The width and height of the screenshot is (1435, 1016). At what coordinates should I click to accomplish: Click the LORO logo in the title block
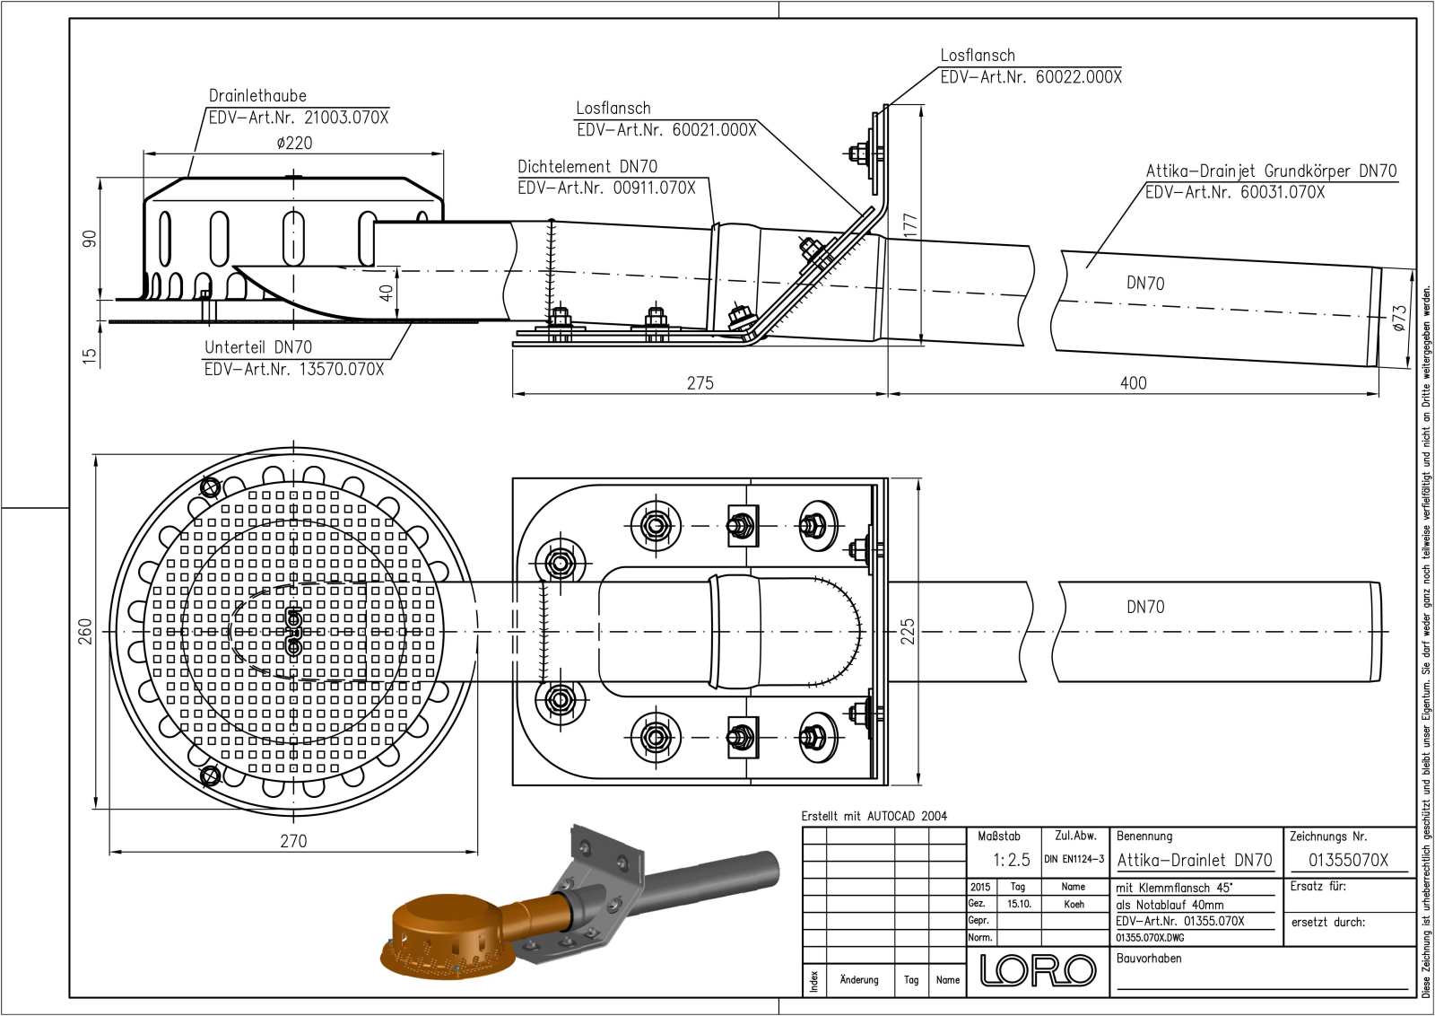1038,970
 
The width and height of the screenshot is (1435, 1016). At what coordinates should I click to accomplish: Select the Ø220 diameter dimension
294,143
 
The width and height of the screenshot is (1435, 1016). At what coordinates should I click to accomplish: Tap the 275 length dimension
700,383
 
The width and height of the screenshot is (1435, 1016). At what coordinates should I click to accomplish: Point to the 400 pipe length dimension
1133,383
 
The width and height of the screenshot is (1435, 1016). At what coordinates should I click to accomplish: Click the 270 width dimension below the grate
293,841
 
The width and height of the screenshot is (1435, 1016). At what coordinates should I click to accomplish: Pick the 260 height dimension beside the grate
85,631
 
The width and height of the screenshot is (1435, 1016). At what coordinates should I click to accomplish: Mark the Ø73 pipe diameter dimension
1399,318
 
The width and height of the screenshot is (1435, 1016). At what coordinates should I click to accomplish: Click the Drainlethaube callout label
257,96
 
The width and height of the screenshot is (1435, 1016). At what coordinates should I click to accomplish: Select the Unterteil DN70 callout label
258,347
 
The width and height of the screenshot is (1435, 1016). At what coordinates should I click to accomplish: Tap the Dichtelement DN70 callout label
587,167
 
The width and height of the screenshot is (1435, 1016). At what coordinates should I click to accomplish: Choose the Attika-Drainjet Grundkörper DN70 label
1271,171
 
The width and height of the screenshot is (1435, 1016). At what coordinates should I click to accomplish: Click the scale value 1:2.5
1011,860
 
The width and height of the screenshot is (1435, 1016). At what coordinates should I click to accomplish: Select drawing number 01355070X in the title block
1347,860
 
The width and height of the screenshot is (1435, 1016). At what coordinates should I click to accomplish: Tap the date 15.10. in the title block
1018,904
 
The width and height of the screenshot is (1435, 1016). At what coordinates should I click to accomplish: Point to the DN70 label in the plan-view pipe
1145,607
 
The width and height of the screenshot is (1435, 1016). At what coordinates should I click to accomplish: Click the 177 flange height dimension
910,223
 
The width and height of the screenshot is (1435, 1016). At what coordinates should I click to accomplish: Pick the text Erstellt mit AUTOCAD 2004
874,816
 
